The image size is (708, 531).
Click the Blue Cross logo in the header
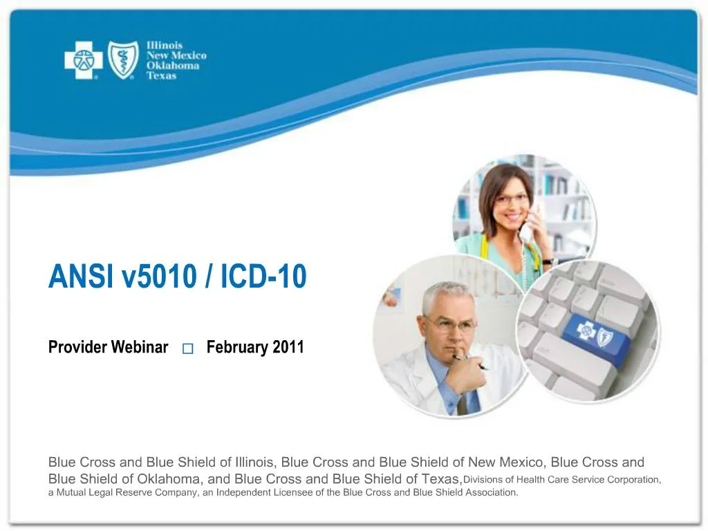pos(84,60)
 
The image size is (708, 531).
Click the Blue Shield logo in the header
pos(123,60)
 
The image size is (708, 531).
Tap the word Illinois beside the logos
pos(164,46)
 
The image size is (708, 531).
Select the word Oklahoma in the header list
pos(172,66)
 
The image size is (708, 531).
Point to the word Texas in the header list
pos(161,75)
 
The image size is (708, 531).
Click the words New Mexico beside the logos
pos(176,55)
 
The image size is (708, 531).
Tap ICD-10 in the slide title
pos(263,277)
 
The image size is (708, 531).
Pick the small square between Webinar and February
pos(188,348)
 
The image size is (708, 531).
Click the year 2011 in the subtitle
pos(288,347)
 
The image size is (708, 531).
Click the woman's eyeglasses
pos(512,199)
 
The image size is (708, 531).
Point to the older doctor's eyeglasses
pos(449,324)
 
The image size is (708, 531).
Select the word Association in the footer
pos(492,493)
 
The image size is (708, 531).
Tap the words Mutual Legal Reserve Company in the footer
pos(114,493)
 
